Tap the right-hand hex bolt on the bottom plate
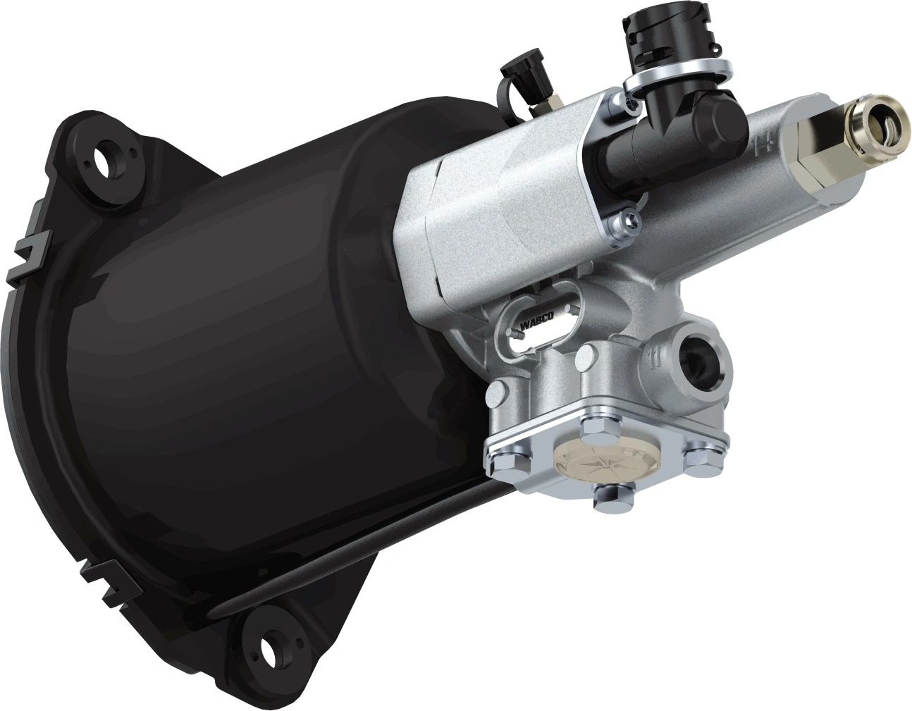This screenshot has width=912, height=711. coord(699,450)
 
